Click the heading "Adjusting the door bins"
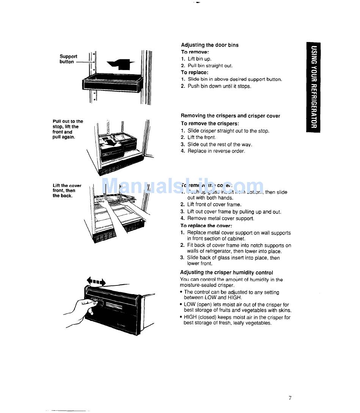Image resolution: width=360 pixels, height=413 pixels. tap(210, 45)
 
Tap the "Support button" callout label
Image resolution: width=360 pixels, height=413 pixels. tap(68, 59)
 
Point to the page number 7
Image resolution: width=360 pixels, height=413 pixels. tap(290, 398)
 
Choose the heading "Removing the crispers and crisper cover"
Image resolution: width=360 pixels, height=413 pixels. tap(230, 116)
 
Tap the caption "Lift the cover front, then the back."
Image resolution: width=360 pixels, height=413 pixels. tap(67, 190)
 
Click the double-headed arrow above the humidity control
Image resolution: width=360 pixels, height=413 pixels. tap(97, 281)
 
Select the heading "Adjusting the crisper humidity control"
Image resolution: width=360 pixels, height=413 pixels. tap(227, 273)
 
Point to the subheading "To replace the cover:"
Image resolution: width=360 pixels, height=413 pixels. tap(206, 226)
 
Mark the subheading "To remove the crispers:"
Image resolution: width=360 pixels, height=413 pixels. tap(210, 123)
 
